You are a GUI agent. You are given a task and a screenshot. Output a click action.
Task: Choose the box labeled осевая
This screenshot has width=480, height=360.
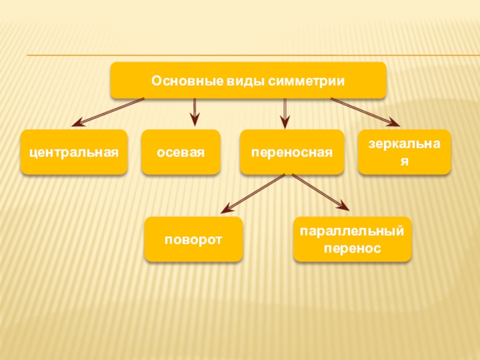(x=181, y=152)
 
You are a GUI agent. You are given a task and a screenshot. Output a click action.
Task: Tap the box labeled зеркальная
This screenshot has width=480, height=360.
(x=404, y=152)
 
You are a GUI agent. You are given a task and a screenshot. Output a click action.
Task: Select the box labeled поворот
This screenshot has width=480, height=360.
(x=193, y=239)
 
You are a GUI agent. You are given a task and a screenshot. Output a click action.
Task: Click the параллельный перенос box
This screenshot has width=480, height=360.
(x=352, y=239)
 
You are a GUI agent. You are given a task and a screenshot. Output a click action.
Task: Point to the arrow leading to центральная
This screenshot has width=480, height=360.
(x=108, y=112)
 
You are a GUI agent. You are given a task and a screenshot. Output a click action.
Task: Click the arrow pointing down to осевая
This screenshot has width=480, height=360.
(x=194, y=112)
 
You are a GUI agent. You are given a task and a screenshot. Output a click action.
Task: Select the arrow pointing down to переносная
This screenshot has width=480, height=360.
(x=284, y=112)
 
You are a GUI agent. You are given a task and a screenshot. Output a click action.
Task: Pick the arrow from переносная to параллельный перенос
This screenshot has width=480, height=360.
(x=320, y=193)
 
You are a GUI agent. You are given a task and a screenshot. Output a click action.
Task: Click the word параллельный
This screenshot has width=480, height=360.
(x=352, y=232)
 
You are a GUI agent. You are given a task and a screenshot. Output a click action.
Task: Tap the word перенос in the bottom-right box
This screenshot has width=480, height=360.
(x=352, y=247)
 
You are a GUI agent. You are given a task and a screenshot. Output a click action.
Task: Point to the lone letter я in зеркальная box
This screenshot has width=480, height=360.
(x=404, y=161)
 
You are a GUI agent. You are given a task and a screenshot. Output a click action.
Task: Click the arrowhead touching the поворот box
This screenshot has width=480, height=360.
(x=226, y=210)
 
